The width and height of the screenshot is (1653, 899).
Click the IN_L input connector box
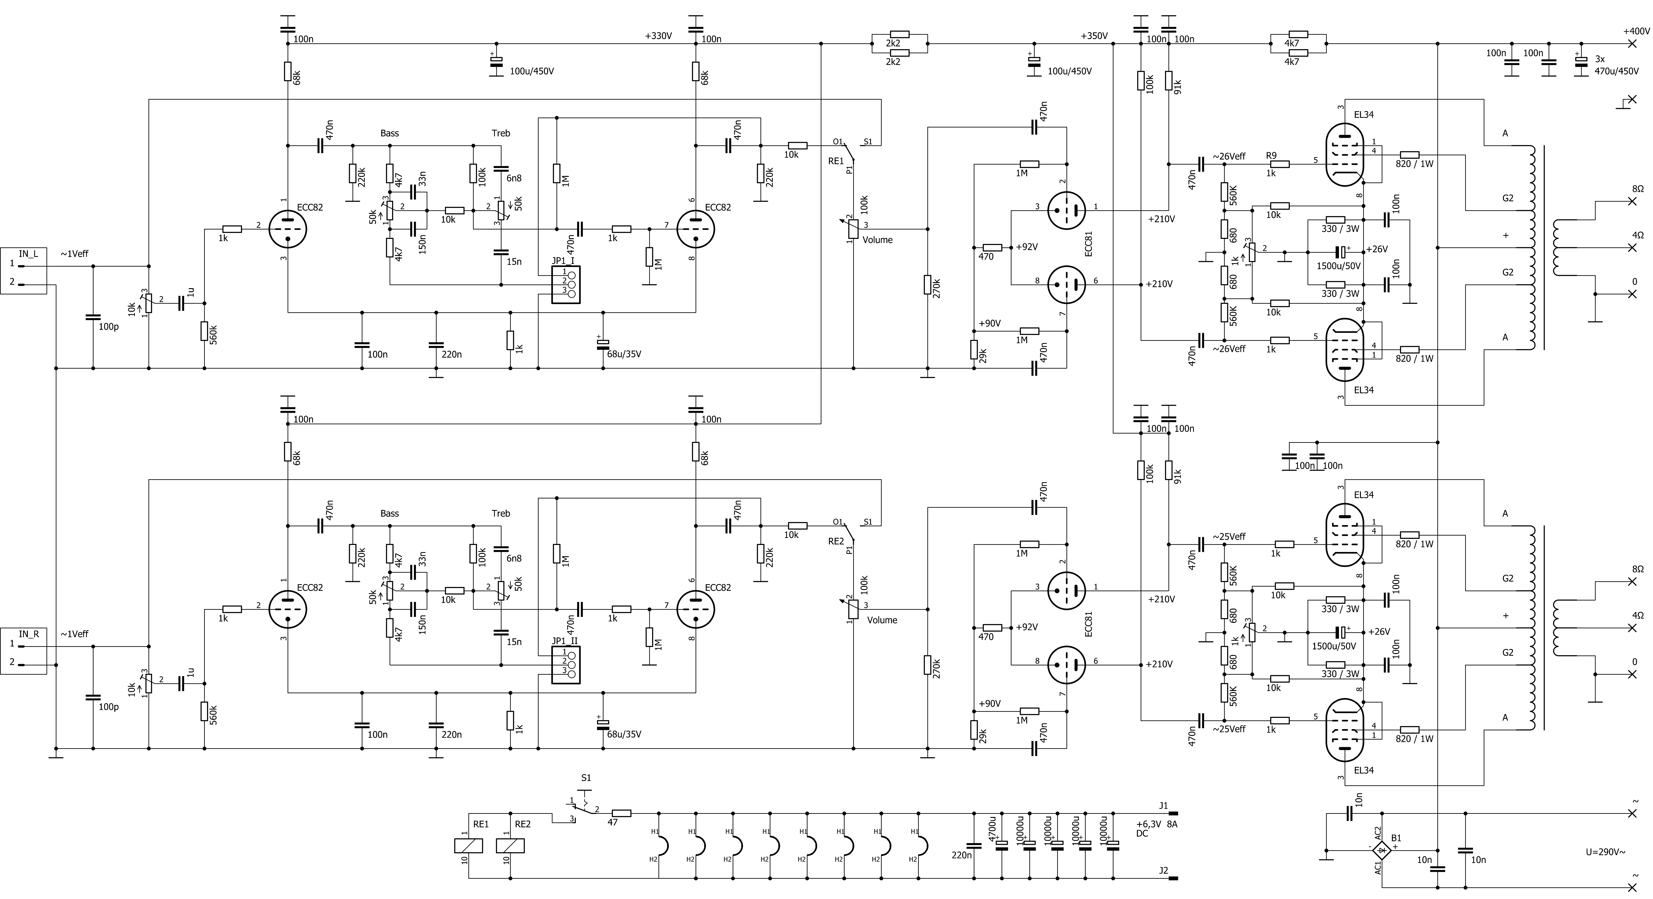tap(23, 271)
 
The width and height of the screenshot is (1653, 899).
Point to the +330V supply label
tap(658, 36)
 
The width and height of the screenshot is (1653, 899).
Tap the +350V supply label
tap(1094, 36)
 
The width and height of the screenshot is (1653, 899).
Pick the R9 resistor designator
tap(1271, 155)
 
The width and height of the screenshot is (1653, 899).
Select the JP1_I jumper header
tap(565, 284)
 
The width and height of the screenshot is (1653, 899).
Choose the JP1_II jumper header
tap(565, 665)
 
